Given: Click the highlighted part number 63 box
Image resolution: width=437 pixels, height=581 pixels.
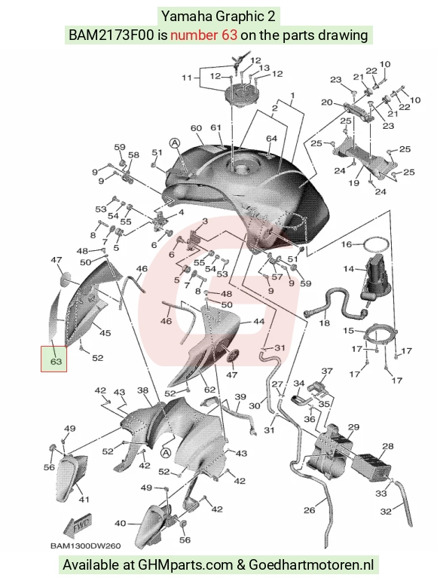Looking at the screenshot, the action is [x=54, y=359].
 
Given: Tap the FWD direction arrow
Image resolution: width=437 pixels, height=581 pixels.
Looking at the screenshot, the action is [x=77, y=525].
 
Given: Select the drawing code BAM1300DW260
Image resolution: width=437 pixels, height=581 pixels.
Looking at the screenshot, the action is [x=86, y=546].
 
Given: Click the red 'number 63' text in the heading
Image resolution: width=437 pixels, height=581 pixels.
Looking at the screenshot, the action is [x=203, y=35].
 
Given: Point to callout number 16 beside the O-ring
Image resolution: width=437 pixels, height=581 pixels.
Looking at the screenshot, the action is [x=347, y=244].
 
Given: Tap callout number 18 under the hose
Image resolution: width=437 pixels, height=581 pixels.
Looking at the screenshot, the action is [x=325, y=323].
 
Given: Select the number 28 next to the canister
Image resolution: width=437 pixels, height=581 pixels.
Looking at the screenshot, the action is [x=388, y=446].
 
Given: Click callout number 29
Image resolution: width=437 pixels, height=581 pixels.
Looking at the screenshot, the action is [x=353, y=427].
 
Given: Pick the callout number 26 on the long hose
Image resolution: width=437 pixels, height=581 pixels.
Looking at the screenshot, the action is [x=309, y=510].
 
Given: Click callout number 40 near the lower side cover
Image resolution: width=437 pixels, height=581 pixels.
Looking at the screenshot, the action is [x=121, y=523].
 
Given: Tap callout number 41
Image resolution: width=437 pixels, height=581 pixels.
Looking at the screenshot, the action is [x=84, y=499].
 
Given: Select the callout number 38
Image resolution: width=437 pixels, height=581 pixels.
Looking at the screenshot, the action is [x=142, y=390].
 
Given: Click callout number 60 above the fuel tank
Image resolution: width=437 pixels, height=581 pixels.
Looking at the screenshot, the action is [x=197, y=128].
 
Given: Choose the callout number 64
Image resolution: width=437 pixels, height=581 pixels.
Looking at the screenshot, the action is [x=271, y=138].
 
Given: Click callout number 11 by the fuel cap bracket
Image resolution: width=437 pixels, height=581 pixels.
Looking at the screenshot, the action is [x=187, y=78].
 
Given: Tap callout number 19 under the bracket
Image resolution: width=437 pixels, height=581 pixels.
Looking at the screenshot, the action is [x=353, y=182].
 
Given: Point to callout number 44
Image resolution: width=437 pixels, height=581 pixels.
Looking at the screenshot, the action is [x=258, y=322].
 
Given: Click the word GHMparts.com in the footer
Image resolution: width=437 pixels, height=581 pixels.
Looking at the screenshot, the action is [x=186, y=564].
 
